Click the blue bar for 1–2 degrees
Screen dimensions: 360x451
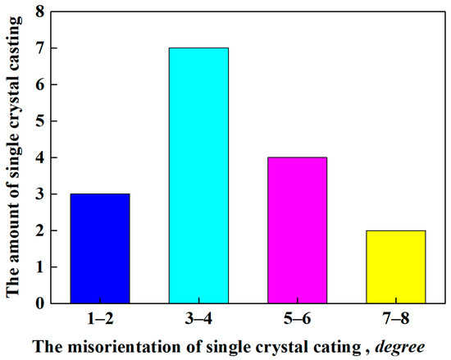coord(99,248)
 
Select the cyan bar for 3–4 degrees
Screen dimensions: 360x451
coord(198,175)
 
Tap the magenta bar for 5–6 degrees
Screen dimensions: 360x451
coord(297,230)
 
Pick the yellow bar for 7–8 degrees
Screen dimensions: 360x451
coord(395,267)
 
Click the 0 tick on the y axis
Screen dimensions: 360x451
coord(39,303)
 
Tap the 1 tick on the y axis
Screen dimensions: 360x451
coord(39,267)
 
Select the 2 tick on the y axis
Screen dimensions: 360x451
coord(39,230)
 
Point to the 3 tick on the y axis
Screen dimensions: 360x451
coord(39,194)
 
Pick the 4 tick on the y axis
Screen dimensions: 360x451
coord(39,157)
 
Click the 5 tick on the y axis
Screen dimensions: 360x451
coord(39,121)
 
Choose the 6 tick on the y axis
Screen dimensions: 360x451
coord(39,84)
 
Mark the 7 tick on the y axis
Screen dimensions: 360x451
coord(39,48)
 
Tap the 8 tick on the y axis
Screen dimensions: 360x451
coord(39,11)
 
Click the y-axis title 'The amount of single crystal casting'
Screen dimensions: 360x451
coord(13,157)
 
